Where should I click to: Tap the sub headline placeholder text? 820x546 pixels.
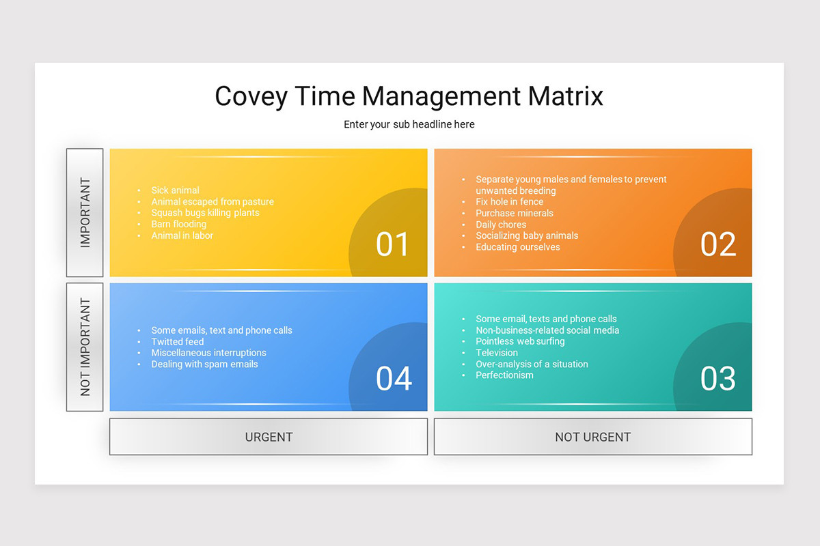[409, 124]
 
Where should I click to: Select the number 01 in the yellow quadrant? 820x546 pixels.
[392, 244]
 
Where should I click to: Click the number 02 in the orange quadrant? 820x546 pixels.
[718, 244]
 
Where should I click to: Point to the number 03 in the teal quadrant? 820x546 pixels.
[718, 379]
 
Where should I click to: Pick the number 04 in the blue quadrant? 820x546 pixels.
[394, 379]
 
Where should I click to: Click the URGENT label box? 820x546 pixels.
[269, 437]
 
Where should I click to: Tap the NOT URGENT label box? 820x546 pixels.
[593, 437]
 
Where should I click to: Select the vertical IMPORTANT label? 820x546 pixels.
[85, 212]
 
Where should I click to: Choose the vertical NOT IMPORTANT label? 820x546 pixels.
[85, 347]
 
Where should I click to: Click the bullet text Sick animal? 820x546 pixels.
[176, 190]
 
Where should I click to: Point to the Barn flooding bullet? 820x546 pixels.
[179, 224]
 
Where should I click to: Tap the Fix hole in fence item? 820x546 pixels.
[510, 201]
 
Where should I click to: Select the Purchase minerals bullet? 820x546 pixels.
[515, 213]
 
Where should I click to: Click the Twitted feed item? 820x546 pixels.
[178, 341]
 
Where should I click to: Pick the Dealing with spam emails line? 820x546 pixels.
[204, 364]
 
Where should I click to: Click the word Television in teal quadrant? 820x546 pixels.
[497, 353]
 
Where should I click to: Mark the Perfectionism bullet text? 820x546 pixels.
[504, 375]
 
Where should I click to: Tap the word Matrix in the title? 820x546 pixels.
[566, 96]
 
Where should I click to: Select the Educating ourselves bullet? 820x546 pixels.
[518, 247]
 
